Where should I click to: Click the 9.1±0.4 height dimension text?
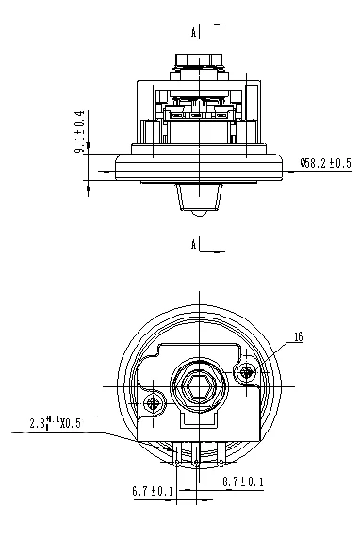79,132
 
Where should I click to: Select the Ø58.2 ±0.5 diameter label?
326,163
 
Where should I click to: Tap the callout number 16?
299,337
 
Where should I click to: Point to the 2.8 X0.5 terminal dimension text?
55,422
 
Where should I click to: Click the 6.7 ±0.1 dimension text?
153,491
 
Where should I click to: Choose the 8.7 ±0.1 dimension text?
243,481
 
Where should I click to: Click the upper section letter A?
194,33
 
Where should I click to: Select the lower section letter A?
194,245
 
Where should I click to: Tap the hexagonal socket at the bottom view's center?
199,387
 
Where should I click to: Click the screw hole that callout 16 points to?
246,372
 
